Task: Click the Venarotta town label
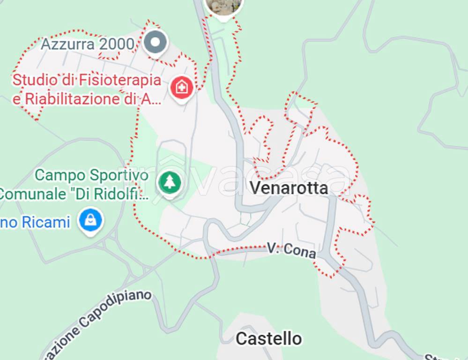tap(288, 188)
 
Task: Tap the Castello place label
tap(268, 338)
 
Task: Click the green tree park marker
tap(169, 182)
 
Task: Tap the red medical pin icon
tap(182, 87)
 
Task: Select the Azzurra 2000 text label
tap(88, 45)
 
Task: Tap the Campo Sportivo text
tap(92, 175)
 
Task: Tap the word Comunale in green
tap(34, 194)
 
